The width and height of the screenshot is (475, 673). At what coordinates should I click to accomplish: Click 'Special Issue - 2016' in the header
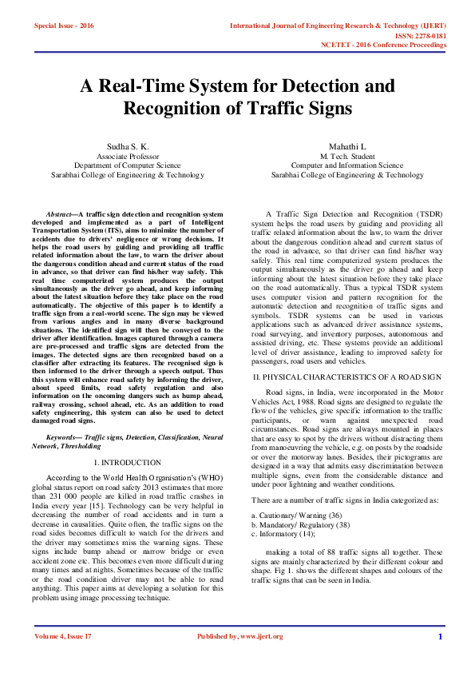pyautogui.click(x=64, y=26)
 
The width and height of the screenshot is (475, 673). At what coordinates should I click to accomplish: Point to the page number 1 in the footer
pyautogui.click(x=440, y=636)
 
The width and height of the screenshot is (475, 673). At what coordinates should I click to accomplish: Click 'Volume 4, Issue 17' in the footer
pyautogui.click(x=63, y=636)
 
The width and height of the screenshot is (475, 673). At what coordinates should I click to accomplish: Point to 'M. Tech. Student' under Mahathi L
pyautogui.click(x=347, y=157)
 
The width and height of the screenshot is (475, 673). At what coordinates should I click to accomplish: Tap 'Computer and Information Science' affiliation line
pyautogui.click(x=347, y=165)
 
